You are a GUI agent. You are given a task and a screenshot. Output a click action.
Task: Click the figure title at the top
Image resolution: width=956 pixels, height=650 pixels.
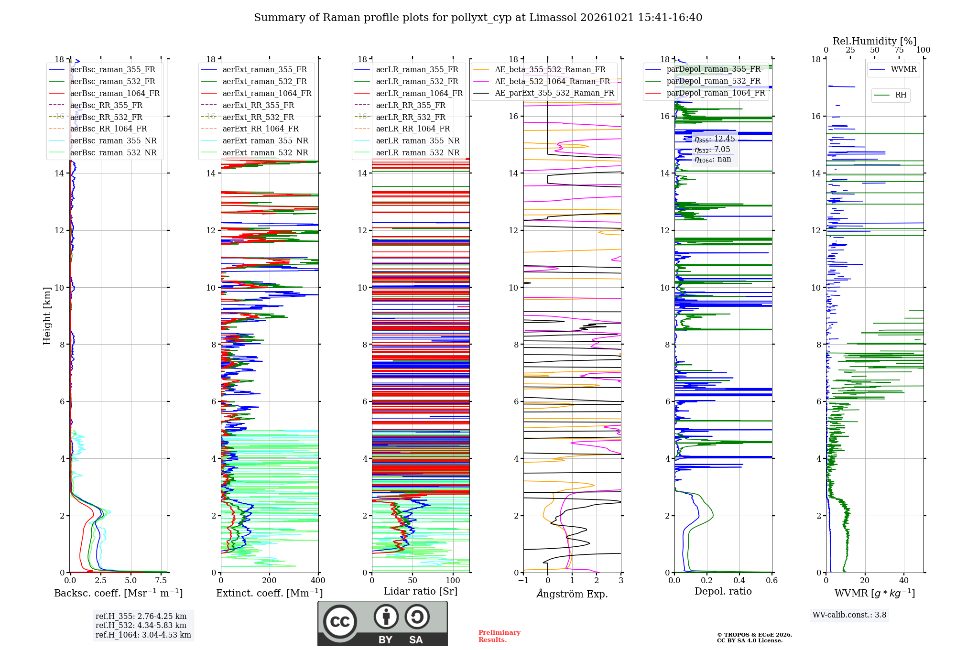[x=478, y=18]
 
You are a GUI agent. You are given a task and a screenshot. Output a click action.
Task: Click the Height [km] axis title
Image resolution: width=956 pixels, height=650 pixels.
[x=47, y=316]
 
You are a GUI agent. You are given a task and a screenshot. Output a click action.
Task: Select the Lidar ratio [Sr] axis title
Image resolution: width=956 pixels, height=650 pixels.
[x=421, y=592]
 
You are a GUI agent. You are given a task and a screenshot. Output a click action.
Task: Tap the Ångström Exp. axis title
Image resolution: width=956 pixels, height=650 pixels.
[x=572, y=594]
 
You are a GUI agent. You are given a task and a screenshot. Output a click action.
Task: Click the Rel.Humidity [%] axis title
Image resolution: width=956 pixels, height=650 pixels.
[x=875, y=41]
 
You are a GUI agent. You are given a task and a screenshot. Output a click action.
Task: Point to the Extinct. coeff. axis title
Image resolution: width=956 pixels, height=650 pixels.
[x=270, y=593]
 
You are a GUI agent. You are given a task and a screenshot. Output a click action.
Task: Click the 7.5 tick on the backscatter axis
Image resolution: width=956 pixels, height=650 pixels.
[x=161, y=580]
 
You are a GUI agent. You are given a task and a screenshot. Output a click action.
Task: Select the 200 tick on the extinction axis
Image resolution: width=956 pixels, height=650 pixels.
[x=270, y=580]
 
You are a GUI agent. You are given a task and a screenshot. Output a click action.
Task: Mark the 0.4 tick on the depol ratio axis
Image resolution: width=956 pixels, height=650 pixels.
[x=739, y=580]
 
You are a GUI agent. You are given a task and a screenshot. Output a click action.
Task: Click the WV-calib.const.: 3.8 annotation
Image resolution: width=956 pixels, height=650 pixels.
[x=849, y=615]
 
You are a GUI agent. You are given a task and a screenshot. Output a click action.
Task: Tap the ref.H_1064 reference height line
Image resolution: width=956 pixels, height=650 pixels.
[x=143, y=635]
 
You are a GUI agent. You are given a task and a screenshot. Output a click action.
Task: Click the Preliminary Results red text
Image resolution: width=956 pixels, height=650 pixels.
[x=500, y=636]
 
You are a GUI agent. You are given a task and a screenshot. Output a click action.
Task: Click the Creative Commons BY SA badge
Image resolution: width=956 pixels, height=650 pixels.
[x=382, y=624]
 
